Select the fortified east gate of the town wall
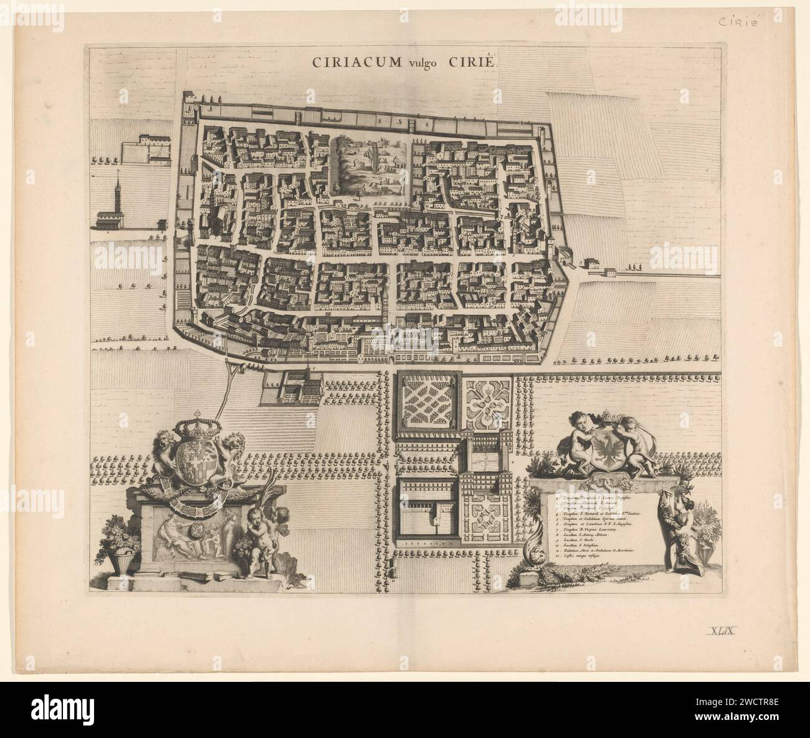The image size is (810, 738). [x=568, y=256]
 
